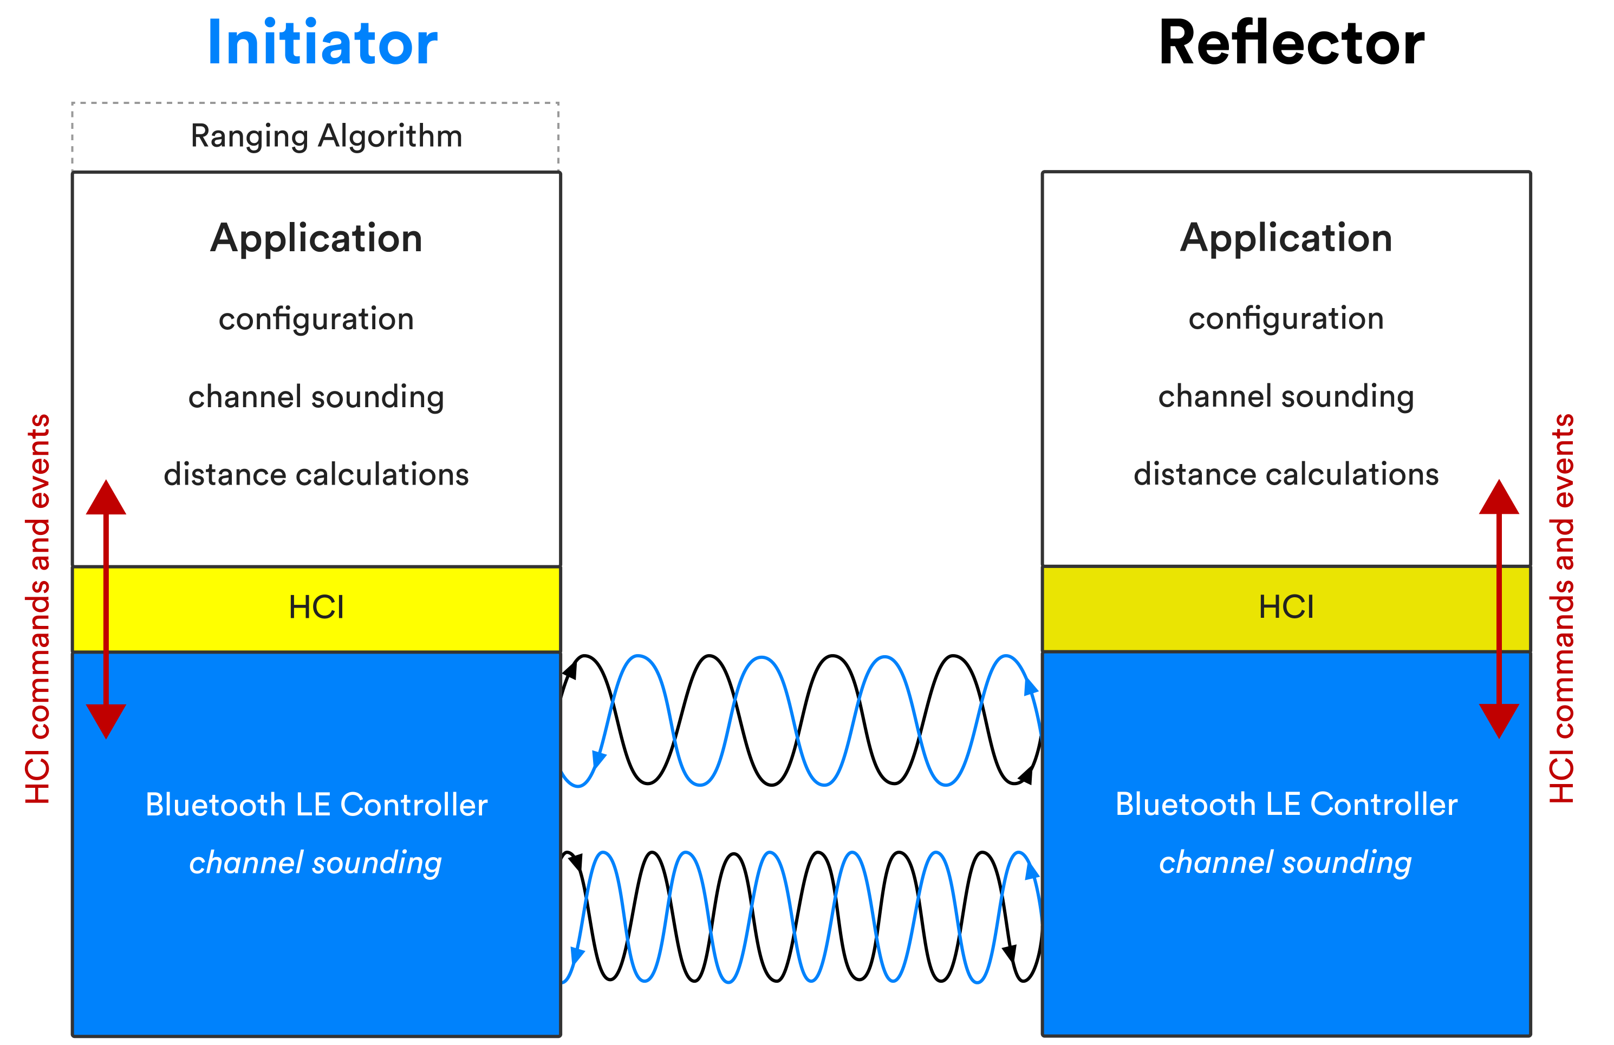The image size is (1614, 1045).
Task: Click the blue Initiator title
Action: pyautogui.click(x=323, y=43)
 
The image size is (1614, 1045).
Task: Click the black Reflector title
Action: pyautogui.click(x=1292, y=43)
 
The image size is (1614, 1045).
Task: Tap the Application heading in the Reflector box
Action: pyautogui.click(x=1286, y=238)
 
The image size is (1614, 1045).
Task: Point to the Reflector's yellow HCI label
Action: pyautogui.click(x=1286, y=607)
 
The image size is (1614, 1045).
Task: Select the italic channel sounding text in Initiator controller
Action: pyautogui.click(x=315, y=863)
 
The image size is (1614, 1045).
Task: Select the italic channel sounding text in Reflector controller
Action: pyautogui.click(x=1285, y=863)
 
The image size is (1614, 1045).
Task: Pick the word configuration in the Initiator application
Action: pyautogui.click(x=316, y=319)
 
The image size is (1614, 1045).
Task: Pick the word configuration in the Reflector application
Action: pyautogui.click(x=1286, y=319)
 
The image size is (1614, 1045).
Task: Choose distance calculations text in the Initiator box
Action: pyautogui.click(x=316, y=474)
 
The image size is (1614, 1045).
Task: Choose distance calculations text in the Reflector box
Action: pyautogui.click(x=1286, y=474)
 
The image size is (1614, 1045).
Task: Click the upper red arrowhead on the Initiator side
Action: pyautogui.click(x=106, y=499)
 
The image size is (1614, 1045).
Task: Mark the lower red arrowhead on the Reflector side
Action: pyautogui.click(x=1499, y=719)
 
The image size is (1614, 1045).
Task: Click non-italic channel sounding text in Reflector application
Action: pyautogui.click(x=1286, y=397)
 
